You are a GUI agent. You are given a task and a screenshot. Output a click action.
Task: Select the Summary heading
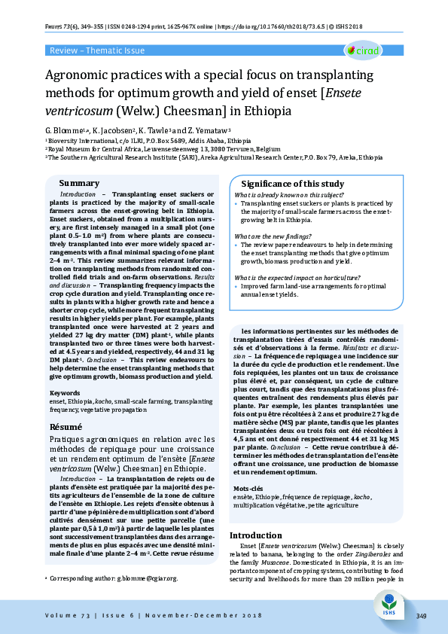pos(79,184)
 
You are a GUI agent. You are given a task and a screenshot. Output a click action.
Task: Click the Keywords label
pos(65,393)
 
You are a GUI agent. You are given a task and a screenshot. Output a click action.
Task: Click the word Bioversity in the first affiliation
pos(66,141)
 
